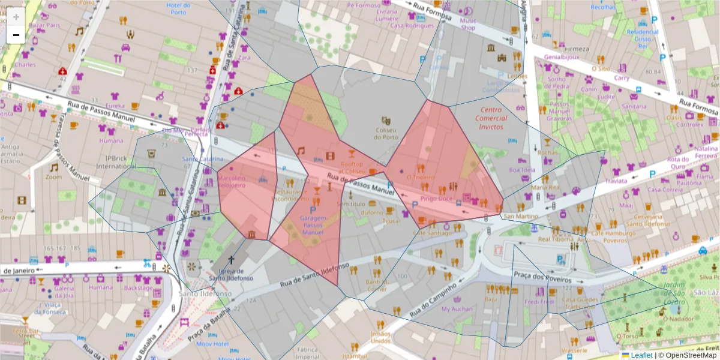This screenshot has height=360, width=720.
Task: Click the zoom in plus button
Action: tap(16, 17)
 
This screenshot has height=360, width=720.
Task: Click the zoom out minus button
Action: tap(16, 35)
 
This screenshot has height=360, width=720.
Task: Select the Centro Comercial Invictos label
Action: tap(491, 118)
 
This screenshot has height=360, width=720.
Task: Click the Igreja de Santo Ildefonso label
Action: tap(230, 274)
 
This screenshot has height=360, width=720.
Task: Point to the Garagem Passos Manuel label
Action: tap(313, 226)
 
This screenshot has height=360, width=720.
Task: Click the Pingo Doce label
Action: tap(436, 198)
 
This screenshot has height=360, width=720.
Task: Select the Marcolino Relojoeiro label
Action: tap(231, 182)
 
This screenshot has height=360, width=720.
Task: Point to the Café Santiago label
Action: tap(428, 233)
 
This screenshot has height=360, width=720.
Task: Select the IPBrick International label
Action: tap(100, 163)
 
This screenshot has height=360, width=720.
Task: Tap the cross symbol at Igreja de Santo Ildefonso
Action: tap(231, 259)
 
